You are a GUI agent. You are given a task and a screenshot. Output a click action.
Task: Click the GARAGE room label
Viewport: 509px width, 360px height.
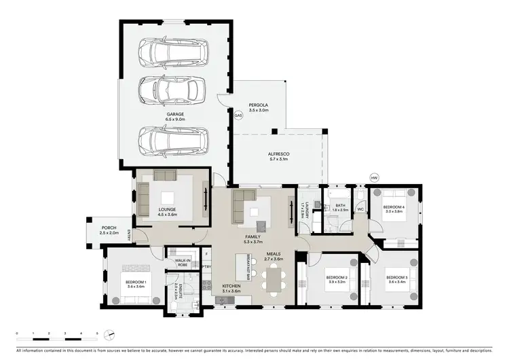174,117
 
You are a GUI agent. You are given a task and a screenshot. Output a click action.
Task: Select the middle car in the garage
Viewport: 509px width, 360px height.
172,88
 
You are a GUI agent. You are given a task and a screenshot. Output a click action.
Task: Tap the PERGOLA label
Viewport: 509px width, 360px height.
259,107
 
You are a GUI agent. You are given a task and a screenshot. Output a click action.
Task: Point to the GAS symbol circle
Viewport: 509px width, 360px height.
238,115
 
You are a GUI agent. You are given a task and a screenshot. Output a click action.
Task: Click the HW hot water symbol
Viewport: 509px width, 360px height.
373,178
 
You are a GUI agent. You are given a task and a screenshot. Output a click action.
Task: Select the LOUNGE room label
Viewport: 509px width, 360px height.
167,211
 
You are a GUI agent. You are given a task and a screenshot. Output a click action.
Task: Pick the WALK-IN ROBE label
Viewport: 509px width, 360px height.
182,262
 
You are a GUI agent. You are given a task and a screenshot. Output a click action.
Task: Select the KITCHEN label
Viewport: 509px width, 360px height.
231,287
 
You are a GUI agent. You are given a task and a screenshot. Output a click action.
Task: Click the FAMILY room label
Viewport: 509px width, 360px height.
254,238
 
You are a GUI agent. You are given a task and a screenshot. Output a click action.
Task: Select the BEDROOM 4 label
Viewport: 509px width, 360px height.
394,208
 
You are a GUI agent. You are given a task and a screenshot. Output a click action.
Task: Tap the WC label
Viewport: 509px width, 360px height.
361,209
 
